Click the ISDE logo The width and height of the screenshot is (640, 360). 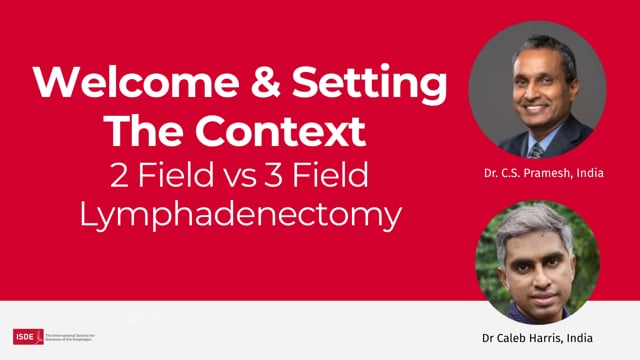click(x=27, y=336)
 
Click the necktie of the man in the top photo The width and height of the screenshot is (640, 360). click(x=537, y=149)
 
